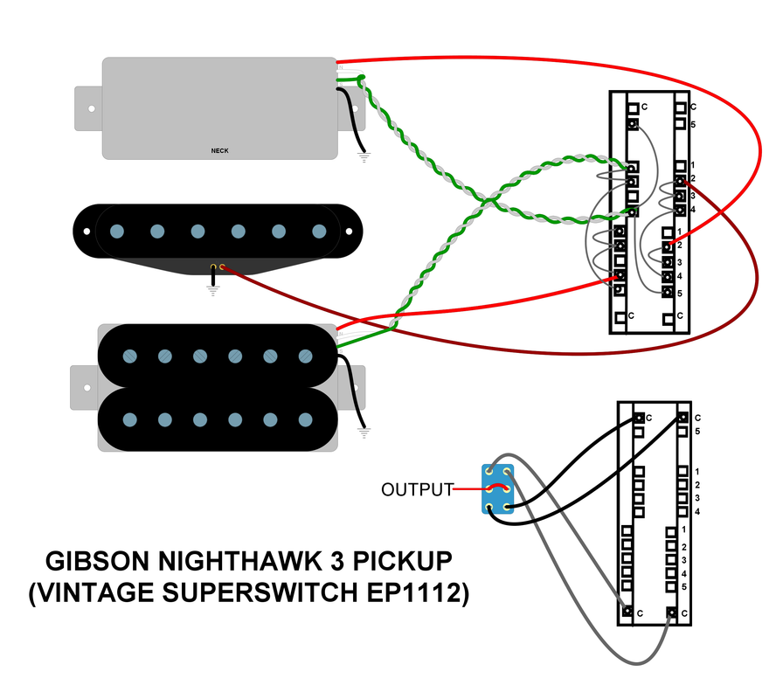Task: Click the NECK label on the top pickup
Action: tap(218, 149)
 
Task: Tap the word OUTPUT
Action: tap(418, 489)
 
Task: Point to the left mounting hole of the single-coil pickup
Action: tap(87, 231)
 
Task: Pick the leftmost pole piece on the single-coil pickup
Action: tap(117, 231)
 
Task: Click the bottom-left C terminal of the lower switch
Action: tap(627, 612)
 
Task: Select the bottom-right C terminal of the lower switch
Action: tap(670, 612)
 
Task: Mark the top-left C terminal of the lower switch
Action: tap(639, 418)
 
